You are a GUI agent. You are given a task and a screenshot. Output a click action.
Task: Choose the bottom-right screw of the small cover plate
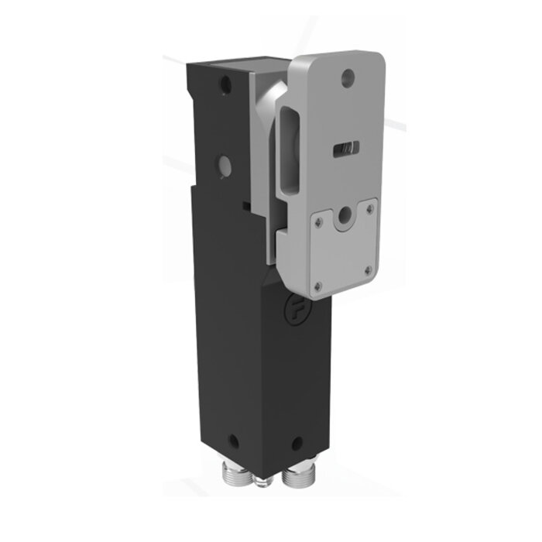point(369,270)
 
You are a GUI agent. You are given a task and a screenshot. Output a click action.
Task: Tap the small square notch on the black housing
point(245,204)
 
